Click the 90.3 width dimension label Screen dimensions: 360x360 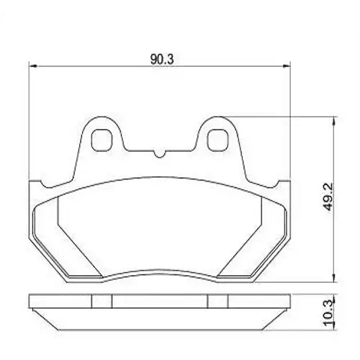point(162,59)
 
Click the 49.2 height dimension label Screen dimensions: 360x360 point(328,197)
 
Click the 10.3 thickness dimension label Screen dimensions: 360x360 point(328,312)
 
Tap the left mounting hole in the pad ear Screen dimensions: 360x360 point(102,140)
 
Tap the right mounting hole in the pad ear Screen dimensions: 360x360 point(217,140)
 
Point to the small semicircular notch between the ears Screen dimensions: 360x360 point(159,154)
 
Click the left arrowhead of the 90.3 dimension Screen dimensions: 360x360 point(32,66)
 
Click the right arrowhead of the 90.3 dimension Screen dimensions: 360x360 point(287,66)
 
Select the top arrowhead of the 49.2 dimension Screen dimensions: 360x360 point(333,121)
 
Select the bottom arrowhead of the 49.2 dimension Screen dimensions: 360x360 point(333,278)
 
